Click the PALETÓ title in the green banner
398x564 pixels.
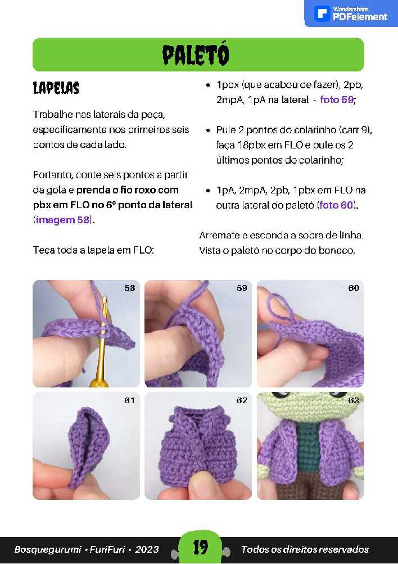coord(196,55)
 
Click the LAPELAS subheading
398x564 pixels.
coord(56,88)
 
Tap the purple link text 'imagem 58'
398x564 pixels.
coord(62,219)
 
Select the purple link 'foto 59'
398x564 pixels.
coord(337,100)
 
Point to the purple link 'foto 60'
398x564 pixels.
coord(336,205)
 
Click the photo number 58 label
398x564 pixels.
coord(130,288)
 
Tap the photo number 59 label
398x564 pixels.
coord(242,288)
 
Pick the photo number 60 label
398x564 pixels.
coord(354,288)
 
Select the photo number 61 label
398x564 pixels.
coord(129,400)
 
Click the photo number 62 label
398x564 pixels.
coord(242,400)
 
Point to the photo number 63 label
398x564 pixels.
coord(354,400)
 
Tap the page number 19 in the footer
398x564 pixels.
coord(201,547)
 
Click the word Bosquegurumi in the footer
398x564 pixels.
coord(48,549)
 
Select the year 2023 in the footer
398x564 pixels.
coord(147,549)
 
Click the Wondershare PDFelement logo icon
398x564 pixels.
coord(322,14)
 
